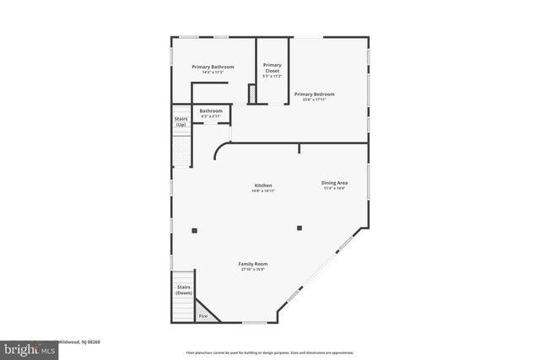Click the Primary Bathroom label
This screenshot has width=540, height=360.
coord(213,67)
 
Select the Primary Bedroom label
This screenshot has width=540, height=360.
coord(314,94)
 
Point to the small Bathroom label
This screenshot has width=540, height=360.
coord(211,110)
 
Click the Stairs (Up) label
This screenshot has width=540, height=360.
coord(181,121)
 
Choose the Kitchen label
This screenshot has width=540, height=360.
coord(263,185)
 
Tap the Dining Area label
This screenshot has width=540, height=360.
coord(334,182)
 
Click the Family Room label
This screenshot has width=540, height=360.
coord(252,264)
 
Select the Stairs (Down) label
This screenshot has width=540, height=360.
coord(183,290)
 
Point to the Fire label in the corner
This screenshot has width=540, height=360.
coord(202,316)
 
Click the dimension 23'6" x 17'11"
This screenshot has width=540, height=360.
coord(314,99)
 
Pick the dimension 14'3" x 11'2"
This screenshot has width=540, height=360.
coord(213,73)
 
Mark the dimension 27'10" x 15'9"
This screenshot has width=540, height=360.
coord(252,270)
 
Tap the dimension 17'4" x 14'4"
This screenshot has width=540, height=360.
coord(334,188)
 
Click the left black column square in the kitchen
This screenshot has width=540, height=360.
coord(194,228)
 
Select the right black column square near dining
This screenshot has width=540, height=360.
coord(299,228)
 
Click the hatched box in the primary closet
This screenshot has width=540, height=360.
coord(251,94)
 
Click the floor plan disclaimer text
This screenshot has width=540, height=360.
coord(269,352)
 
